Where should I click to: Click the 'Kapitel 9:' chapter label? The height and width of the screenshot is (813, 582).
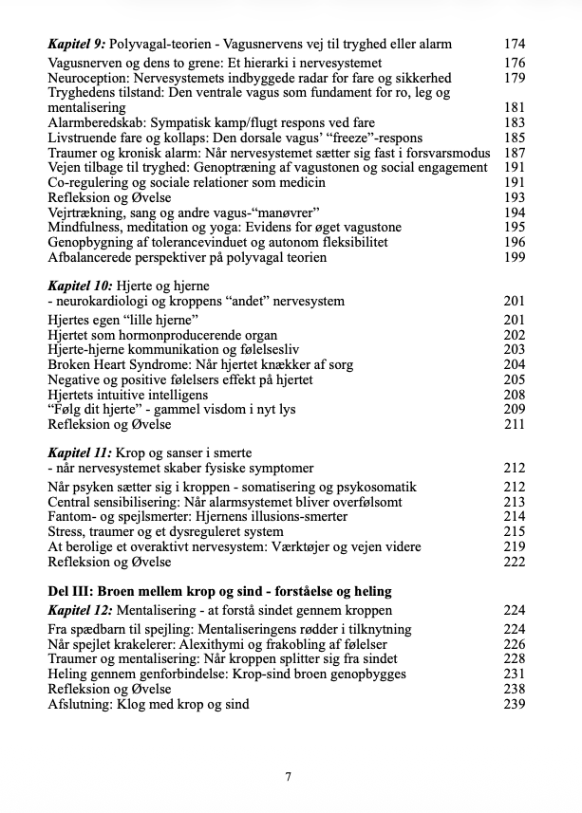pos(77,44)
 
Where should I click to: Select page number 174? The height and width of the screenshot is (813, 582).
pos(513,44)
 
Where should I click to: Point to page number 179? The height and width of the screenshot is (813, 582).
pos(513,78)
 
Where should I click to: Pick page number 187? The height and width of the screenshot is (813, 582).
pos(513,154)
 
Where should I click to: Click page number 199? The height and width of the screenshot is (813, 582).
pos(513,258)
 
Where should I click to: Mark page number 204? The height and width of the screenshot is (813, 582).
pos(513,364)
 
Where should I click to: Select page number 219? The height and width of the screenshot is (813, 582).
pos(513,546)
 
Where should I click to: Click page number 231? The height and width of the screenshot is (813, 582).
pos(513,674)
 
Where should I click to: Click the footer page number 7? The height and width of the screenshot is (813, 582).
pos(288,776)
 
